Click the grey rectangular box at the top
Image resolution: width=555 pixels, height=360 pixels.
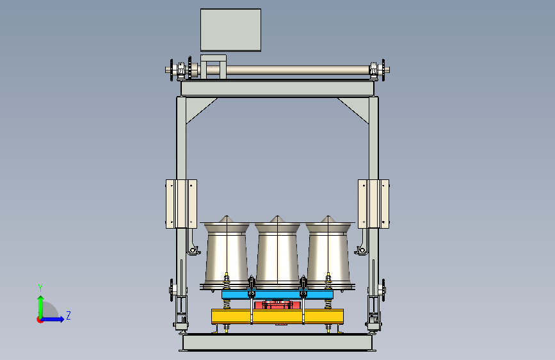point(231,30)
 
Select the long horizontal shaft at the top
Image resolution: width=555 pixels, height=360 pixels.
point(278,70)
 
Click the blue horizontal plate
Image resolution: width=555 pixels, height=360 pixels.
point(278,295)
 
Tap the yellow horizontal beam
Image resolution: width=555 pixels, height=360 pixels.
point(278,316)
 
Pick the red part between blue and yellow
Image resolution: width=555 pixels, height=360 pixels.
point(278,304)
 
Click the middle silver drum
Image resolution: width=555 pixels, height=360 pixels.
point(278,254)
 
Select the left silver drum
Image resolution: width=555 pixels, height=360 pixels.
point(227,254)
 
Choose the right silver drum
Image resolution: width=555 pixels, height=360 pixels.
point(328,254)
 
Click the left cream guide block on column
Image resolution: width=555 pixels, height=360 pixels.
point(181,204)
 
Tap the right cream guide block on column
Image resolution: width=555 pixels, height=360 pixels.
point(373,204)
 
